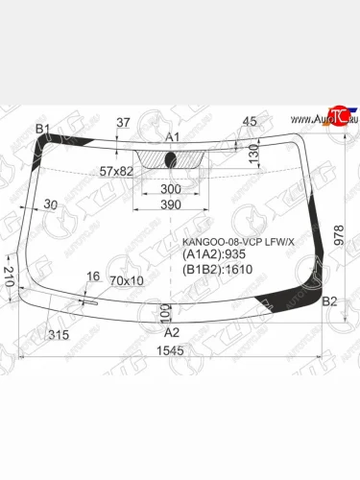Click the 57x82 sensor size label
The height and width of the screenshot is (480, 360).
coord(116,170)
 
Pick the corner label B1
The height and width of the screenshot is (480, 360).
coord(42,129)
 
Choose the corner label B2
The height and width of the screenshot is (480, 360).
coord(328,302)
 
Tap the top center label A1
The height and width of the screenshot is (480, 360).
coord(173,136)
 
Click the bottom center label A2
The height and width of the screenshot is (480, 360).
coord(173,331)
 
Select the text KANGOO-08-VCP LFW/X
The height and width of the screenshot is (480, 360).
coord(238,240)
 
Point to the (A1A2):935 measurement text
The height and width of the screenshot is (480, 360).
coord(213,254)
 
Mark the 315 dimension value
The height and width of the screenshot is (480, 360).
coord(60,334)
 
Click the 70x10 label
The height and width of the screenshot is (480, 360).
coord(127,280)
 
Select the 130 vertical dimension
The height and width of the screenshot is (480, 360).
coord(253,154)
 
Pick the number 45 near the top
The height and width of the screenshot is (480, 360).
coord(250,121)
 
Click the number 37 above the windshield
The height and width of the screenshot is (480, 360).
coord(122,121)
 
